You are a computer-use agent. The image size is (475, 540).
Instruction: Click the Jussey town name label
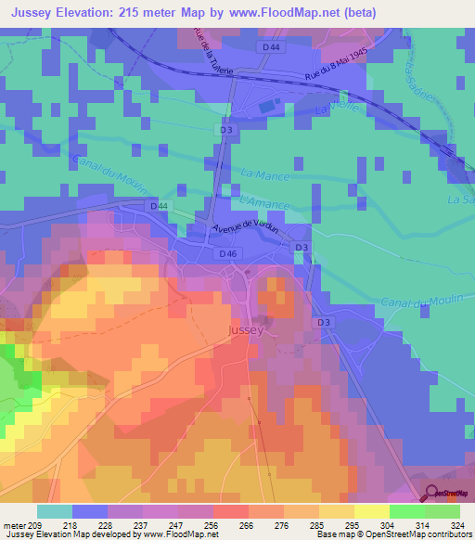(x=247, y=329)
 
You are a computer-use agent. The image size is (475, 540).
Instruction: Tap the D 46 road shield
(x=228, y=253)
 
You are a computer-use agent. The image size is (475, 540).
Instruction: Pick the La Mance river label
(x=264, y=174)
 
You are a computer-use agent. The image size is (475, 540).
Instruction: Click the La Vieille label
(x=335, y=109)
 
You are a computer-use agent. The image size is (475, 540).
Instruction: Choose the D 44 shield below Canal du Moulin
(x=159, y=205)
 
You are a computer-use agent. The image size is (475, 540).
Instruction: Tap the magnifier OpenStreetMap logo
(x=433, y=492)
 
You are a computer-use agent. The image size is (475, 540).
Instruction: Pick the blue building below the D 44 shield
(x=266, y=107)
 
